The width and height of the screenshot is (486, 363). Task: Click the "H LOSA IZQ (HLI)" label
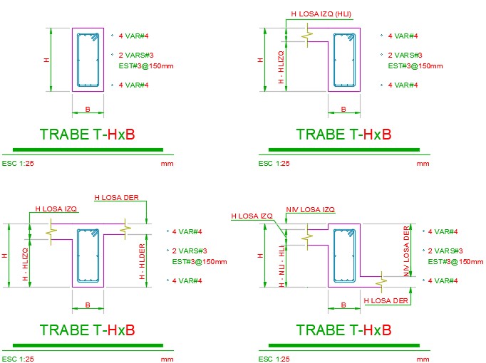pyautogui.click(x=321, y=14)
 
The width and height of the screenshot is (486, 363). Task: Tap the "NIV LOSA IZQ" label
pyautogui.click(x=310, y=209)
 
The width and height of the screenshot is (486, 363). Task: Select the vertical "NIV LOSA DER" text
pyautogui.click(x=406, y=251)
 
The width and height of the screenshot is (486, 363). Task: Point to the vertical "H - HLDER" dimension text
pyautogui.click(x=142, y=261)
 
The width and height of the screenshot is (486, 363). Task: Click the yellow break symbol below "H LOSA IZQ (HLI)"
pyautogui.click(x=307, y=36)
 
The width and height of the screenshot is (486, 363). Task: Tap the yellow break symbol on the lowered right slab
pyautogui.click(x=381, y=282)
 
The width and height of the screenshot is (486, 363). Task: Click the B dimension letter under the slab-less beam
pyautogui.click(x=88, y=109)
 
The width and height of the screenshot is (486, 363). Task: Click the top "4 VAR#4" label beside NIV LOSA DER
pyautogui.click(x=443, y=231)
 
